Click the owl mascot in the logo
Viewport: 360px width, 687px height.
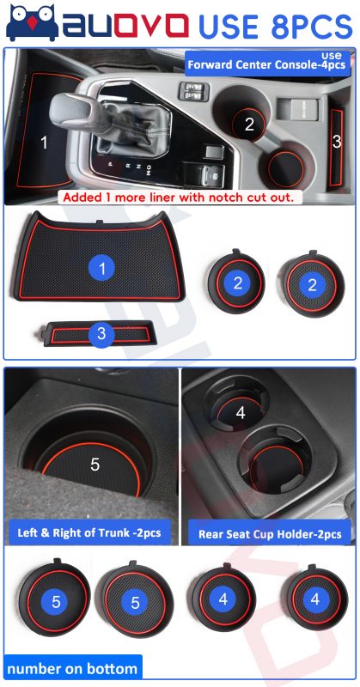(32, 23)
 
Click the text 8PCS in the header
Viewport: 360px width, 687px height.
(312, 27)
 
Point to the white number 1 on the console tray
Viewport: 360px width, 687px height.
(44, 143)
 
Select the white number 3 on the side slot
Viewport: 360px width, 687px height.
(337, 141)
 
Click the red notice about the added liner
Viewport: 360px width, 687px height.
(178, 197)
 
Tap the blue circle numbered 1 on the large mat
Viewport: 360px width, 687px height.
(101, 269)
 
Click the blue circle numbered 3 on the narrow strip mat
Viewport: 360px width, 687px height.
(101, 334)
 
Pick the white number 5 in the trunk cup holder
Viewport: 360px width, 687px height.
(95, 465)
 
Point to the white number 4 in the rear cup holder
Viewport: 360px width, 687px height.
(241, 412)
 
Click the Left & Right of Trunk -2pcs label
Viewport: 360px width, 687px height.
(89, 532)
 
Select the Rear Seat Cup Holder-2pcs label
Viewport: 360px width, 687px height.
(270, 534)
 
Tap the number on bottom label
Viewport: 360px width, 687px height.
(72, 669)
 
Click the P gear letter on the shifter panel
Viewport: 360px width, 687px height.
(111, 163)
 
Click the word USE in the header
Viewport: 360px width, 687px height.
(229, 27)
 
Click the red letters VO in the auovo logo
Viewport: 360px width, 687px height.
(162, 26)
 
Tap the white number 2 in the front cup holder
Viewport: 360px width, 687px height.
(249, 125)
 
